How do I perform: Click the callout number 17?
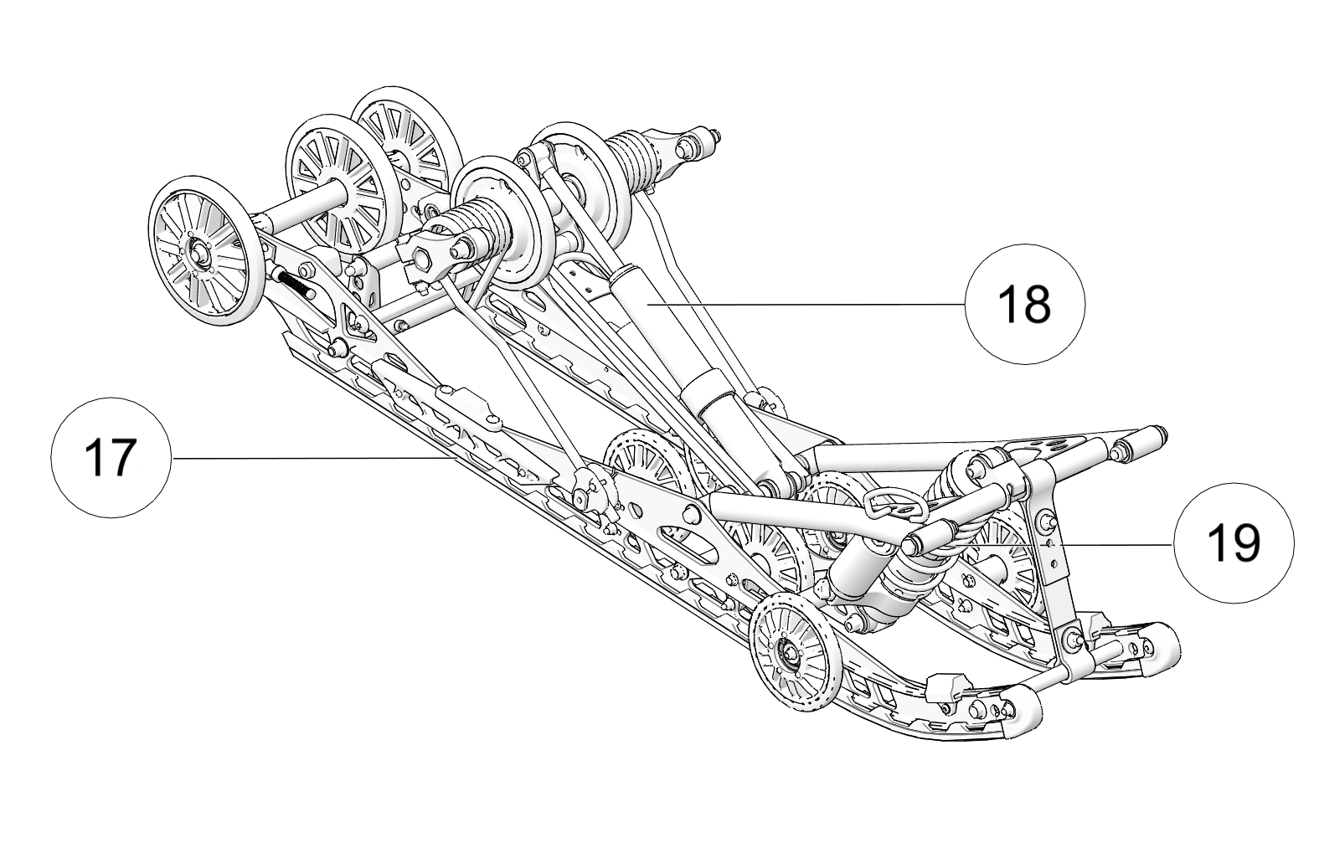[111, 458]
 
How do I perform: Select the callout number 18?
[1024, 304]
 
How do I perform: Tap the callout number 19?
[1234, 543]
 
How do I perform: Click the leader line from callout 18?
[806, 304]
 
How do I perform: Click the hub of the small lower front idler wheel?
[789, 651]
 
